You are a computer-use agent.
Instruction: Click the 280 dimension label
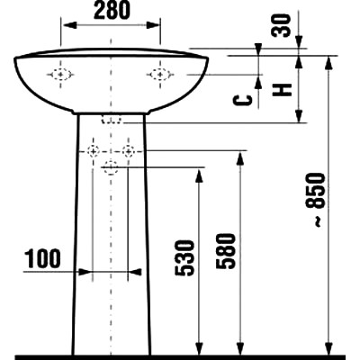[x=112, y=11]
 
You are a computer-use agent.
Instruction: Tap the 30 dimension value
[x=282, y=26]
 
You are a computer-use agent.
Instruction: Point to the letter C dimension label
[x=243, y=101]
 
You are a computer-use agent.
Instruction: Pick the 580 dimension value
[x=226, y=251]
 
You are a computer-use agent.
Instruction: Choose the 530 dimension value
[x=184, y=257]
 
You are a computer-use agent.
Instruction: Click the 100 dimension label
[x=43, y=259]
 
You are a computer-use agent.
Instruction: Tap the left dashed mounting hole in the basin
[x=60, y=75]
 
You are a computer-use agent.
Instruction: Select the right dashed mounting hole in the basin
[x=160, y=75]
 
